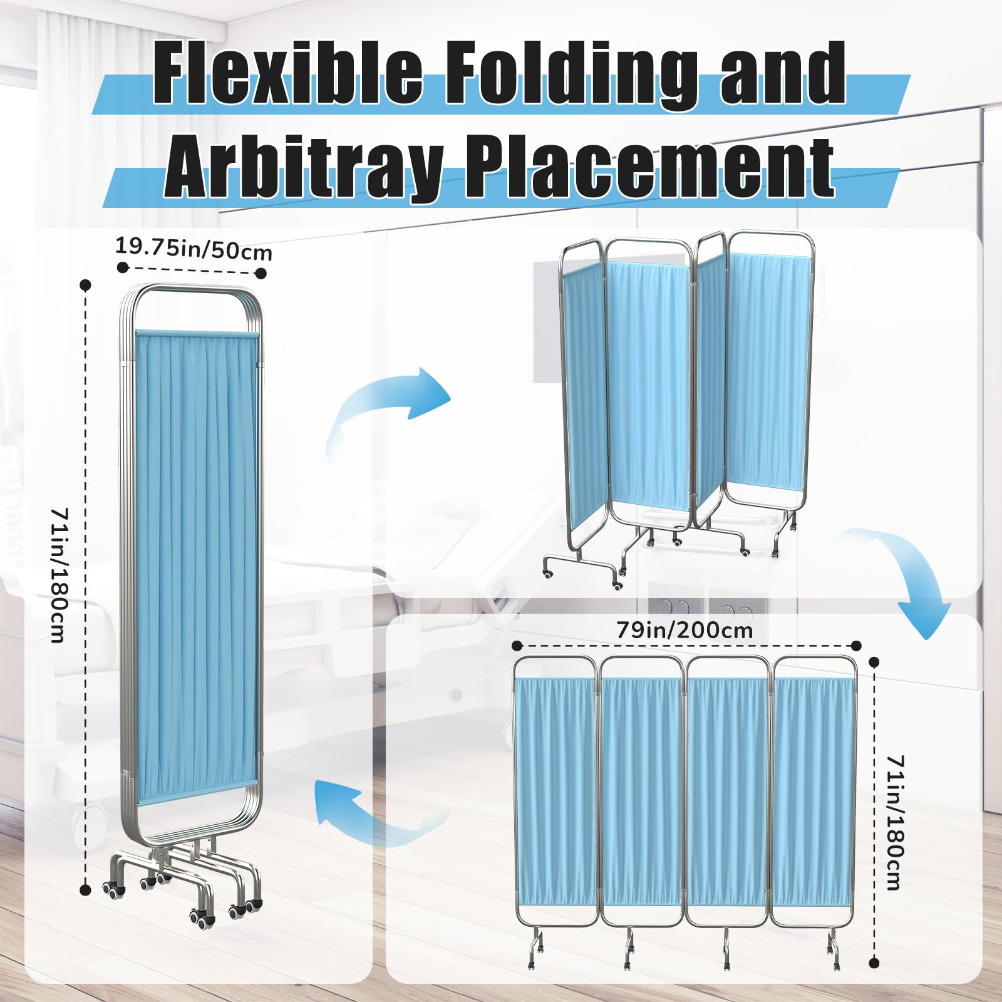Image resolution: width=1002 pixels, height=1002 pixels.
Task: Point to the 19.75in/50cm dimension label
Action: pos(194,248)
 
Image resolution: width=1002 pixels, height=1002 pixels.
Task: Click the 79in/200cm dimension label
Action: pos(684,629)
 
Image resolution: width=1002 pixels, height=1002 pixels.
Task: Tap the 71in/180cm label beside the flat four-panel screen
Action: pos(896,822)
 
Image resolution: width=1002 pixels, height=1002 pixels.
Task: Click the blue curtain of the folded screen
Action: pos(197,567)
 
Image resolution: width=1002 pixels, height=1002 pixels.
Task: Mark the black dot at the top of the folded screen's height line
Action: pos(86,285)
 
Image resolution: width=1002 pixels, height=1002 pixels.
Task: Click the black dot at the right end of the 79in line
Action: pos(857,646)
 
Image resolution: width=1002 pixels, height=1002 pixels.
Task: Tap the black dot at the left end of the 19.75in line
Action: pos(123,267)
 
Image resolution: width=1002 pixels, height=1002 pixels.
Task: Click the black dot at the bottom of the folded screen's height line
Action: pos(86,890)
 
